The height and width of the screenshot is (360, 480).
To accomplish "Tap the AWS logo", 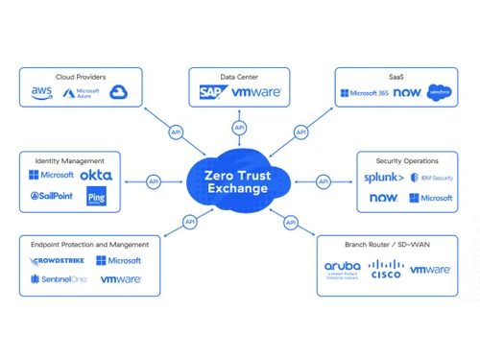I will pos(41,92).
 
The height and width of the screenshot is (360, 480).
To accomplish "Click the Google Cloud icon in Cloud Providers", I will pos(119,92).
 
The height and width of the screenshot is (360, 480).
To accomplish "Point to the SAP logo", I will pos(211,92).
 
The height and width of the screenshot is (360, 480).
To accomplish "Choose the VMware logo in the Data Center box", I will pos(255,93).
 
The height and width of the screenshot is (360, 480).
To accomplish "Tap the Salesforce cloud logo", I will pos(439,92).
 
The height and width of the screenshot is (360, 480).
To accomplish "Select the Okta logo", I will pos(96,176).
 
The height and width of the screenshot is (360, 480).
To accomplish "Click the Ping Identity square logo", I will pos(96,198).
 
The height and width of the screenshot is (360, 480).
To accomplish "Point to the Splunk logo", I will pos(382,178).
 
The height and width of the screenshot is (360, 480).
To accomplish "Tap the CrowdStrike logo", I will pos(53,260).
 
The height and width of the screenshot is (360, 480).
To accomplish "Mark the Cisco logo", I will pos(386,271).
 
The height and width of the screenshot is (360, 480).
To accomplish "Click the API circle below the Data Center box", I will pos(238,128).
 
